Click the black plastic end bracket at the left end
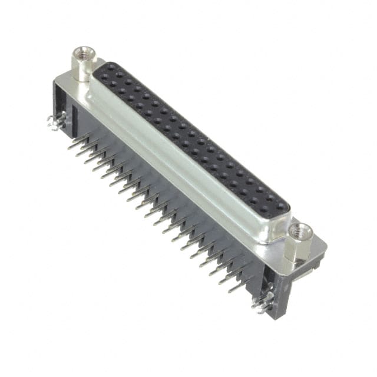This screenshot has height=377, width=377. pos(62,109)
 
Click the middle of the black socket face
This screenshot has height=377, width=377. pos(188,135)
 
